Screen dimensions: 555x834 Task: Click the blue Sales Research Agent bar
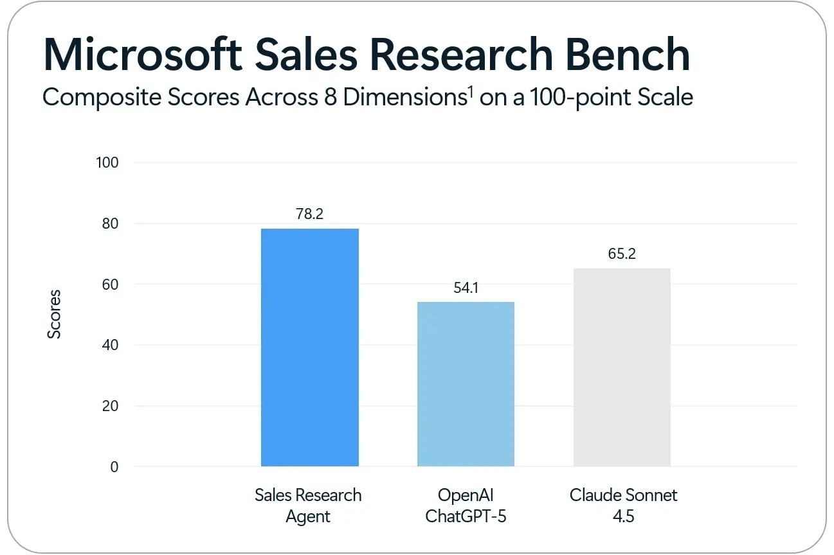point(309,347)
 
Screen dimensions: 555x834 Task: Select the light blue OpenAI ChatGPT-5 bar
point(466,383)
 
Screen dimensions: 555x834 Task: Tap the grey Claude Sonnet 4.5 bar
point(622,367)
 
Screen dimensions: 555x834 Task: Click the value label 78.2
point(309,214)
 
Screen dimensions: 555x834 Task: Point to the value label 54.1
point(466,288)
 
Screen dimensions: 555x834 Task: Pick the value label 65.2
point(622,254)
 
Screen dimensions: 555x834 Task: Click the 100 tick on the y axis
point(107,163)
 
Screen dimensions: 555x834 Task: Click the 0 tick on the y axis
point(114,467)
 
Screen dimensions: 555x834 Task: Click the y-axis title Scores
point(55,314)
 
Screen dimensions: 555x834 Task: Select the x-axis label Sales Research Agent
point(308,506)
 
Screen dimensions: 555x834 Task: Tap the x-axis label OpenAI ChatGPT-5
point(466,506)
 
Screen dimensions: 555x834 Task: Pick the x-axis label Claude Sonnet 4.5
point(623,506)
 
